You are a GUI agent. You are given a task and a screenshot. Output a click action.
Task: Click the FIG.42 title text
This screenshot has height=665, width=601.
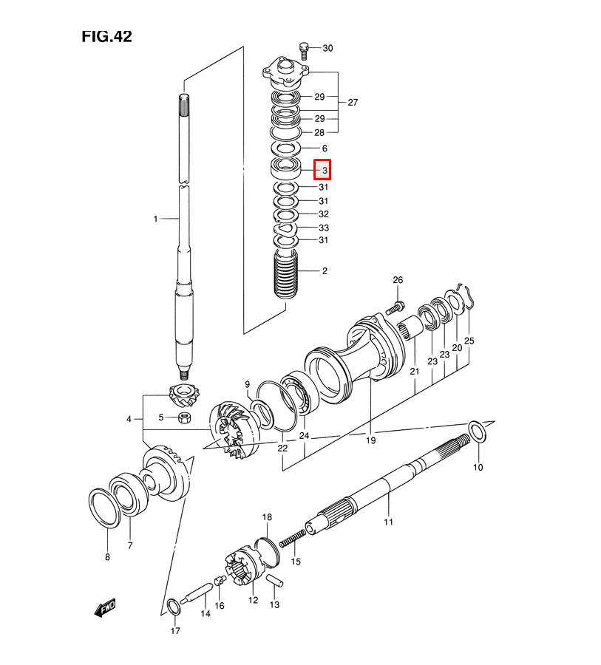point(106,36)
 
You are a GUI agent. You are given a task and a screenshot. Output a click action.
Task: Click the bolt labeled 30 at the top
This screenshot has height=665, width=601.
point(304,51)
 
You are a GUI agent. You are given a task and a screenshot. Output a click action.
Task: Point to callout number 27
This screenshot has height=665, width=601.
point(353,102)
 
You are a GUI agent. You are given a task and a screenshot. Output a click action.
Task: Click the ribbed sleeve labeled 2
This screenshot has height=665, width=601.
point(285,274)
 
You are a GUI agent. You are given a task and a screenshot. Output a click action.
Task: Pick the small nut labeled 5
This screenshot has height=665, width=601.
point(185,417)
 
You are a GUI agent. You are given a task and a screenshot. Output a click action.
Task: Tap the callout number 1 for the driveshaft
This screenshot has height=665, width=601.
point(155,219)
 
